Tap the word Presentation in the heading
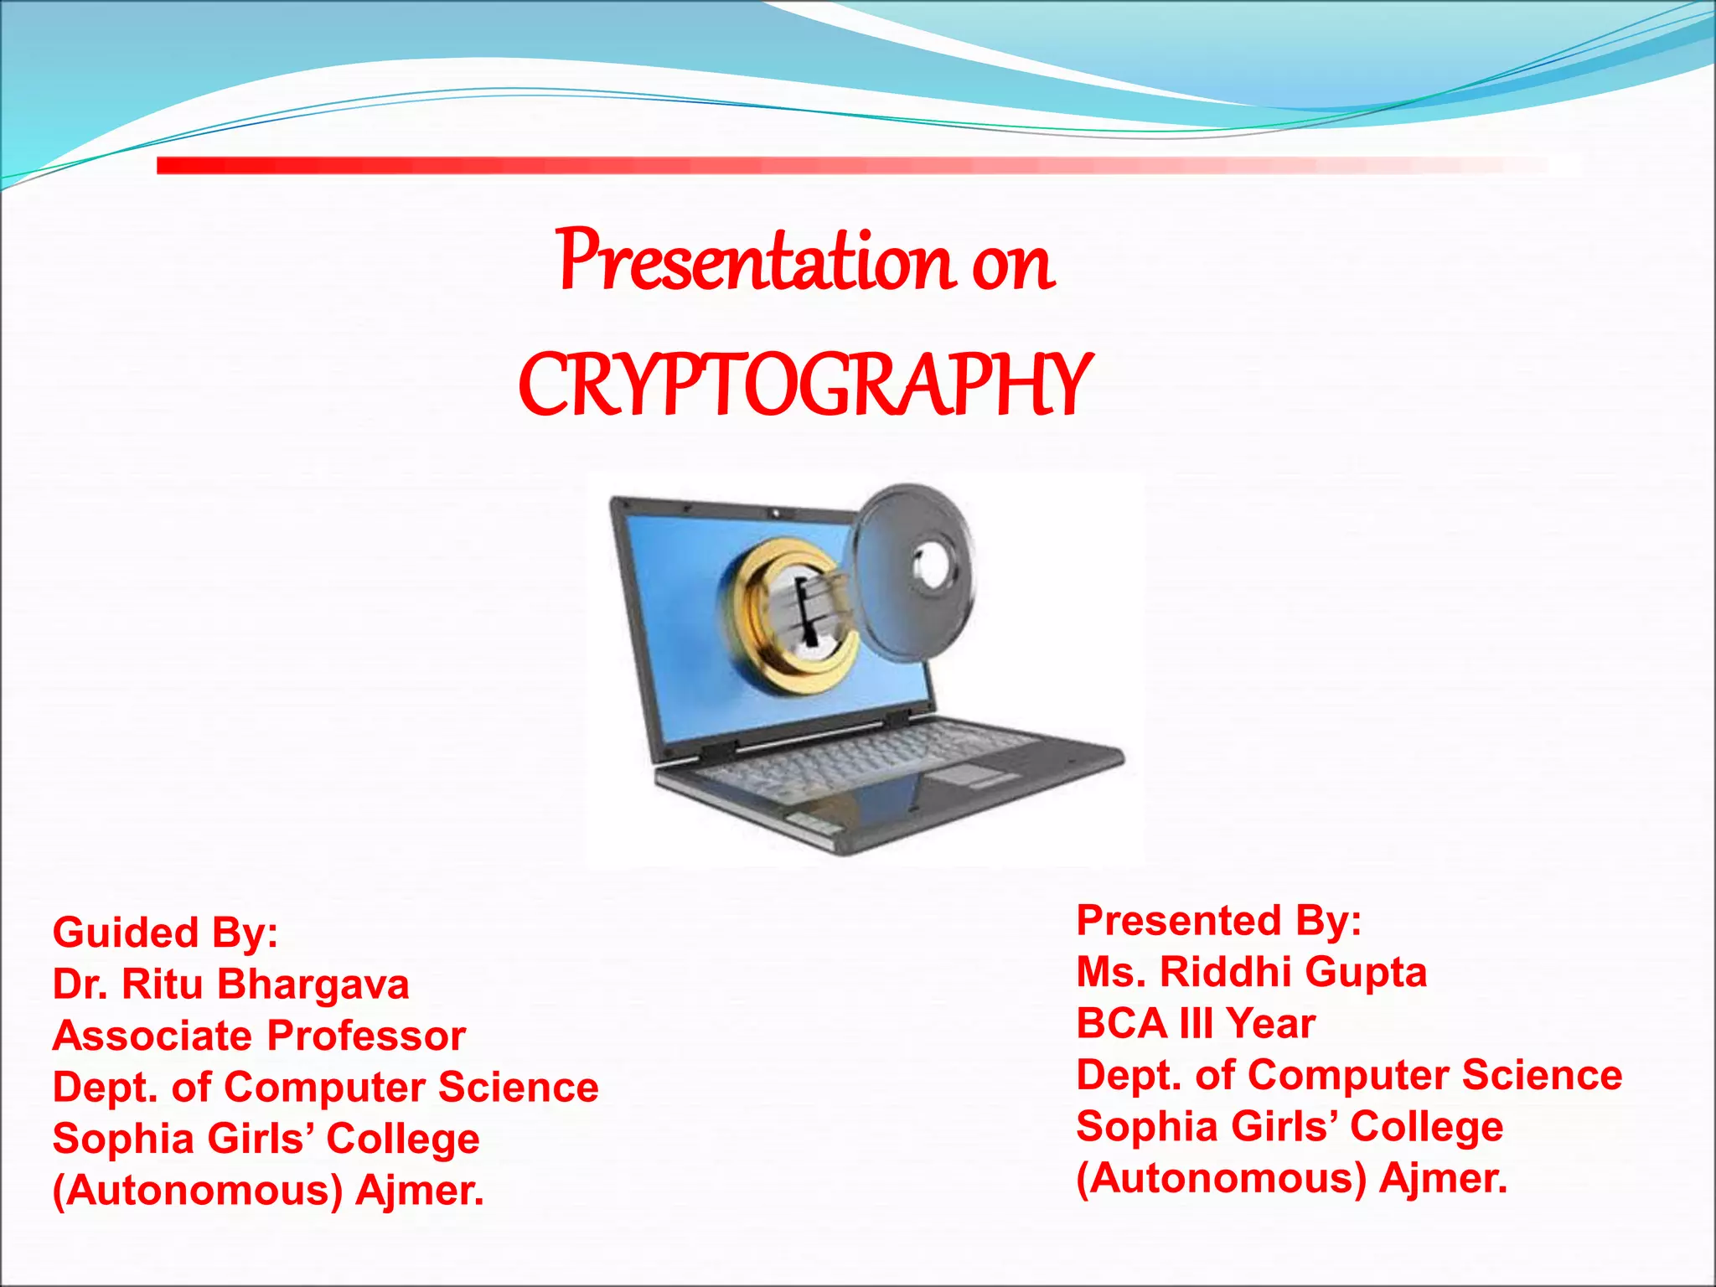[x=754, y=261]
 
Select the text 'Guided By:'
[x=165, y=933]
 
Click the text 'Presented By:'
[x=1218, y=920]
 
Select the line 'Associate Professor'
[x=259, y=1036]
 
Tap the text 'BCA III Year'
[x=1196, y=1024]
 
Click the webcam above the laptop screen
[x=777, y=512]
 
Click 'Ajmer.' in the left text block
[x=419, y=1191]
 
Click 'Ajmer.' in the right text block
[x=1443, y=1178]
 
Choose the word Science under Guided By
[x=518, y=1087]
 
